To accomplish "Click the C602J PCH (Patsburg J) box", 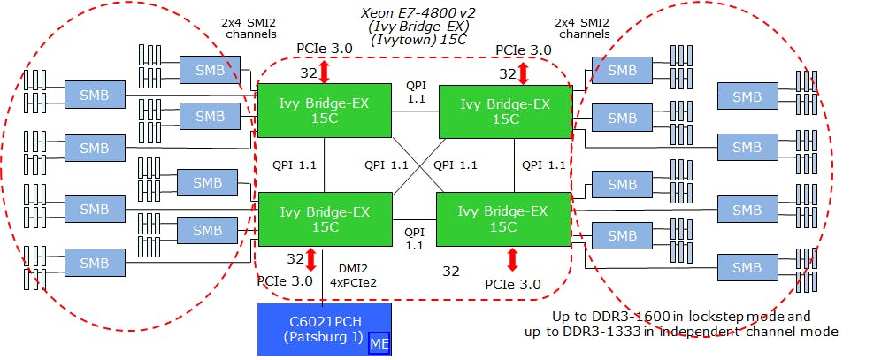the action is tap(324, 329).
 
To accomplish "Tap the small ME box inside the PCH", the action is tap(379, 344).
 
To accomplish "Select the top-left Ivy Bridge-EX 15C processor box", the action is tap(325, 111).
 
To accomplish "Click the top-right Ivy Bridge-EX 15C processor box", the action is tap(504, 111).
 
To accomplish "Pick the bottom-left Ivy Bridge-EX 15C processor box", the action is tap(325, 219).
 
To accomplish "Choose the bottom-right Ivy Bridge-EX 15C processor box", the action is tap(503, 219).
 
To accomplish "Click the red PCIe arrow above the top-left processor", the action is tap(324, 72).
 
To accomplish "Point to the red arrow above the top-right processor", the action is tap(523, 73).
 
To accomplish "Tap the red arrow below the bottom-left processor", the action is tap(310, 259).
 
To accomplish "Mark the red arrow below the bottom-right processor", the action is tap(512, 259).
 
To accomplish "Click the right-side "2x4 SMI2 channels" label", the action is tap(582, 28).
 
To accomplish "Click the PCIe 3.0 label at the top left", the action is tap(325, 49).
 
